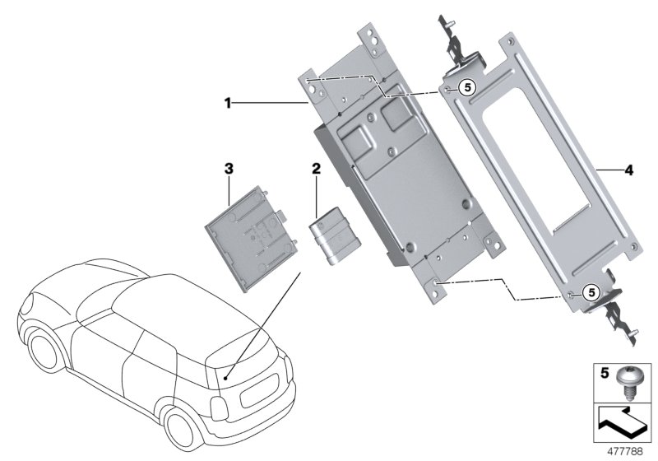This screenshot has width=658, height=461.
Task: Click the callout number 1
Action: (x=230, y=104)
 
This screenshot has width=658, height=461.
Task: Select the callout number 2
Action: (x=315, y=170)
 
